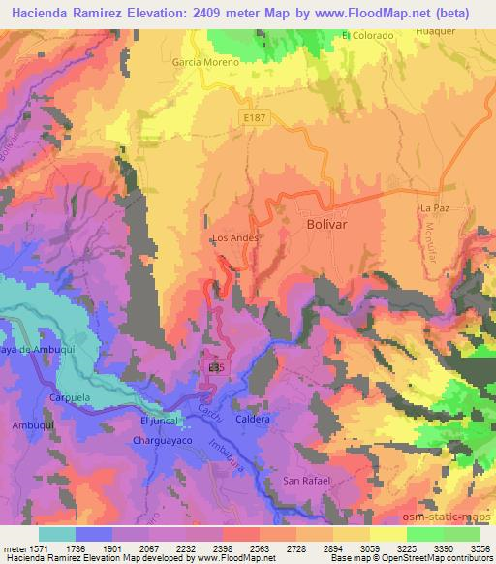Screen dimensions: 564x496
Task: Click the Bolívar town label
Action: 327,222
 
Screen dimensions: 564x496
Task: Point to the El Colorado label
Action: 368,36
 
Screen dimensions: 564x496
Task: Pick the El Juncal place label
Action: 160,421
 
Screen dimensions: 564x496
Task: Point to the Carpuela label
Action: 69,397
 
